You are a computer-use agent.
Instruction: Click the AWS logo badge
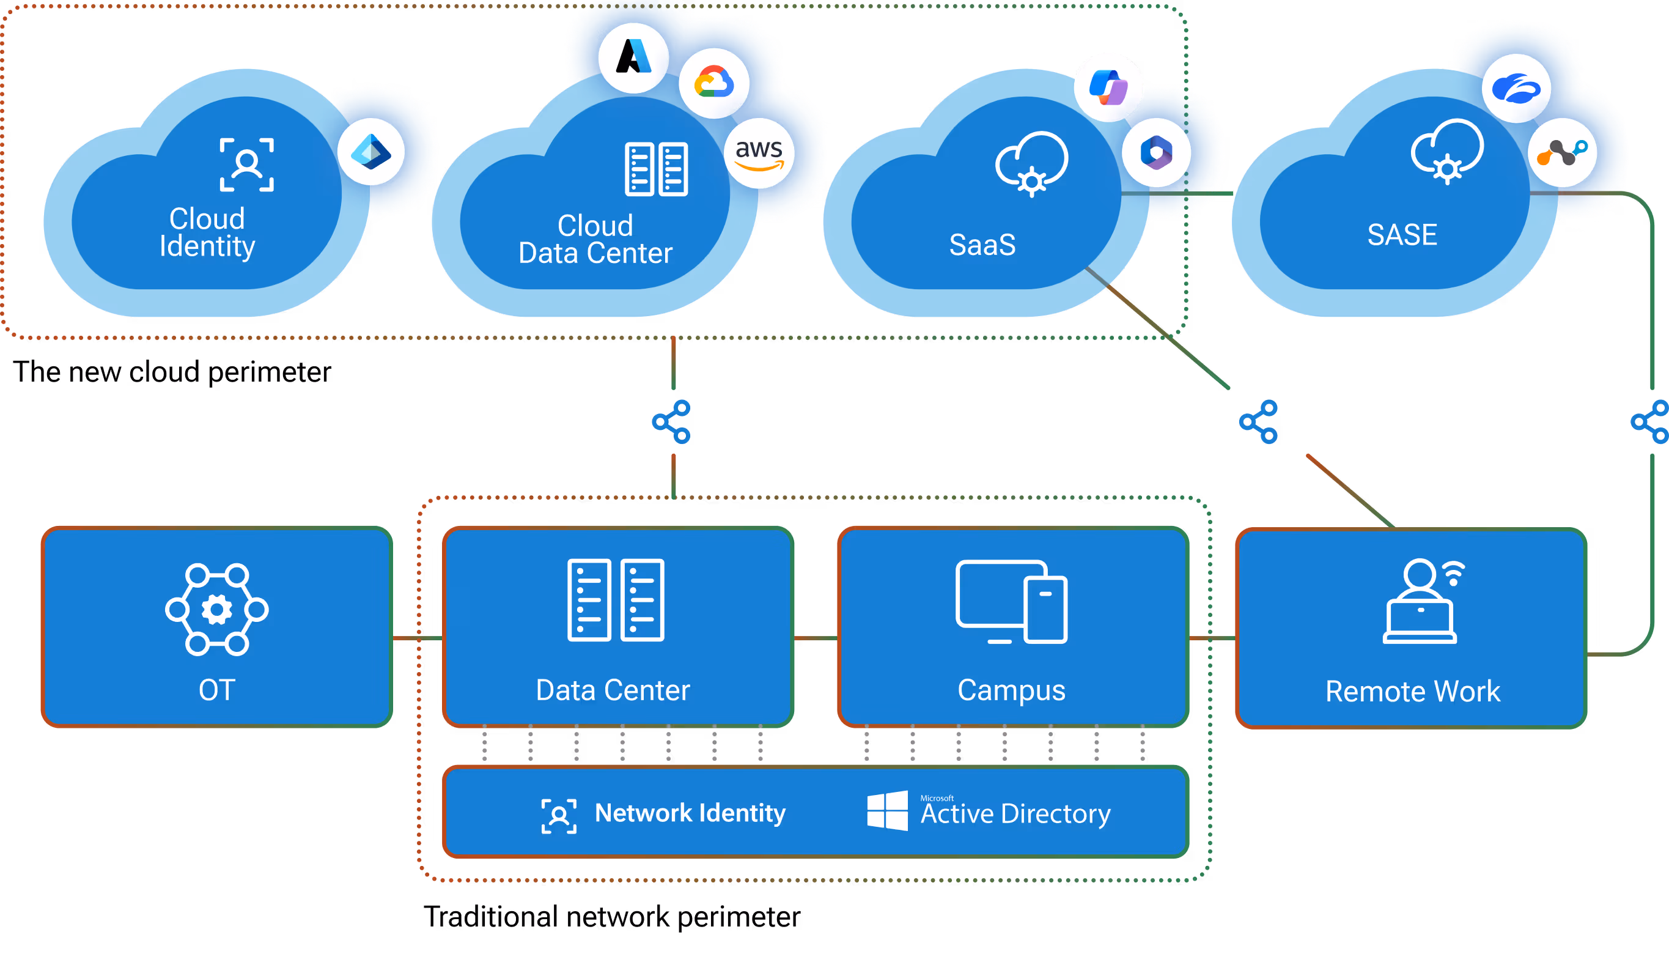click(759, 153)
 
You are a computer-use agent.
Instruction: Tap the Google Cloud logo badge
click(714, 83)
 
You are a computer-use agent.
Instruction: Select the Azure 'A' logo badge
click(633, 57)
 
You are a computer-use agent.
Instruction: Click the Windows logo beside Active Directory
click(887, 810)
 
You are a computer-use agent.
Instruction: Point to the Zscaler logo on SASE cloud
click(1516, 89)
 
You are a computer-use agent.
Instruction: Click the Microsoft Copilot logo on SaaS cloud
click(1108, 87)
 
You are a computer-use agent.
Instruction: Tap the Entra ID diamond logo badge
click(370, 152)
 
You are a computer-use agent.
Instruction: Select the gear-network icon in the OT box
click(217, 609)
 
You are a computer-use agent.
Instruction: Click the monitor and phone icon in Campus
click(1011, 602)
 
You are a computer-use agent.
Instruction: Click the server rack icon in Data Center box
click(616, 599)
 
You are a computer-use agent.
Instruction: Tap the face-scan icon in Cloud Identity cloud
click(246, 165)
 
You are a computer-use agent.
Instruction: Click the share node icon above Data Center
click(671, 421)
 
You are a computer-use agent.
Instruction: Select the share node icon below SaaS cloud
click(1258, 421)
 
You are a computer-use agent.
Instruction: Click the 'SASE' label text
click(1402, 235)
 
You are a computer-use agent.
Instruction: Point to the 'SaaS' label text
click(982, 245)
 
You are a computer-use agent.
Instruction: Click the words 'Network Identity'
click(690, 813)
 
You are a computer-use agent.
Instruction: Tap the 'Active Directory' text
click(1015, 814)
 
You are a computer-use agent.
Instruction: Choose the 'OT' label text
click(217, 690)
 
